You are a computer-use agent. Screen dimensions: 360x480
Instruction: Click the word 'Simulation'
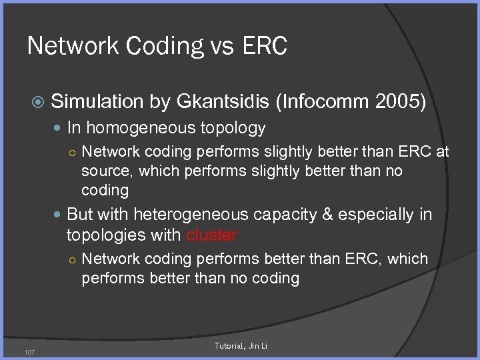click(x=97, y=101)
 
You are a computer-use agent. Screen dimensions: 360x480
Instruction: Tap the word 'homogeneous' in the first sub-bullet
click(x=137, y=128)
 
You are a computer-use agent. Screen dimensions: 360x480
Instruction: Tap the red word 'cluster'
click(x=211, y=235)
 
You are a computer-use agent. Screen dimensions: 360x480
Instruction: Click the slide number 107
click(x=29, y=352)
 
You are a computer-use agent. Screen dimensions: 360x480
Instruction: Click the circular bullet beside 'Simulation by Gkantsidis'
click(x=39, y=102)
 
